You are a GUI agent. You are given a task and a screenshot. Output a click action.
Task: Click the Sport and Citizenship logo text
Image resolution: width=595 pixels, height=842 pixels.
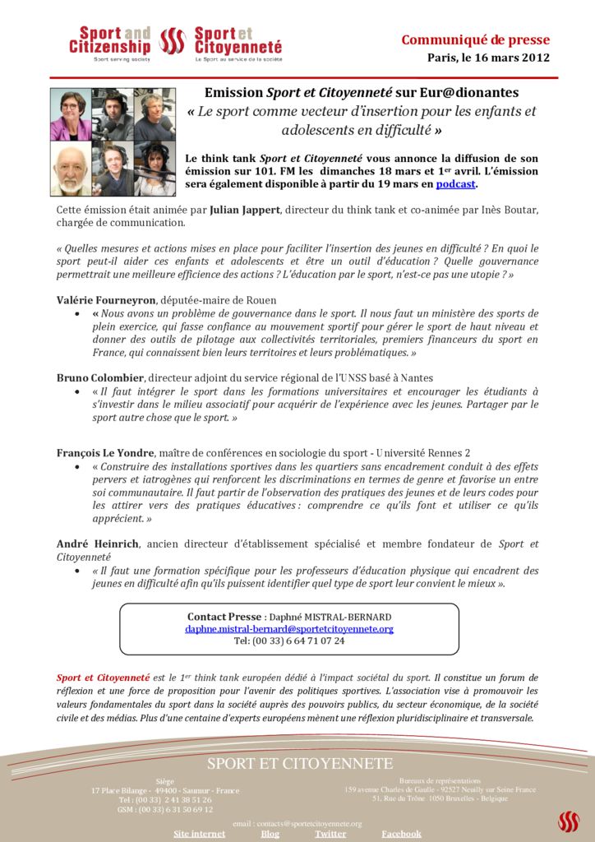(109, 42)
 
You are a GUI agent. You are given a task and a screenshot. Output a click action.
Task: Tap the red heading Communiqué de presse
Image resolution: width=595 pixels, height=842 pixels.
(475, 40)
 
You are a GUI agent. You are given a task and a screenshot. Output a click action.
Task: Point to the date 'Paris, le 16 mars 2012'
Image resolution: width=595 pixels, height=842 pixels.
(488, 58)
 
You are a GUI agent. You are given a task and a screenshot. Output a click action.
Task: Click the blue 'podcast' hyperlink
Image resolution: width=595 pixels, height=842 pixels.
(455, 184)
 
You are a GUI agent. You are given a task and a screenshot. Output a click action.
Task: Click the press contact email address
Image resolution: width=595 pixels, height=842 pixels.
(289, 629)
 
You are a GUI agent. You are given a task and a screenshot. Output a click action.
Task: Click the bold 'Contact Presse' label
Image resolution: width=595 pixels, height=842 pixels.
(224, 617)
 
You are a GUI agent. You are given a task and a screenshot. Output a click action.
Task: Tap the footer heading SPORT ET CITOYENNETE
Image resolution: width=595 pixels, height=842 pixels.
(300, 764)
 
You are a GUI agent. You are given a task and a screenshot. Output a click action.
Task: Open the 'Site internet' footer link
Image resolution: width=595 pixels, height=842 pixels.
(199, 834)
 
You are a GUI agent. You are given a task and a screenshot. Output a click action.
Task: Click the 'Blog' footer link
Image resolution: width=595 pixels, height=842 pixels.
(270, 834)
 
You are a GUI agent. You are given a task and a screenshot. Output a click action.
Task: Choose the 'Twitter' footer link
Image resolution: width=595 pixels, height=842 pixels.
(330, 834)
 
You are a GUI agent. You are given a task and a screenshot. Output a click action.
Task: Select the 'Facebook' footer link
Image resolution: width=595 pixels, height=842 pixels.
(401, 834)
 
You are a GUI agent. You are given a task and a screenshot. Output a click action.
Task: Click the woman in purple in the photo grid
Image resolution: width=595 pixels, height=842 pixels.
(70, 114)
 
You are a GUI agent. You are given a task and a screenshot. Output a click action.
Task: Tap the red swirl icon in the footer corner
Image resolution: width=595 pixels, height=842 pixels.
(568, 821)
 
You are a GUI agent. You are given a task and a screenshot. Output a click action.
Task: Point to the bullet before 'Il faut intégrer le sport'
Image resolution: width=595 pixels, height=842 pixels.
(76, 392)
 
